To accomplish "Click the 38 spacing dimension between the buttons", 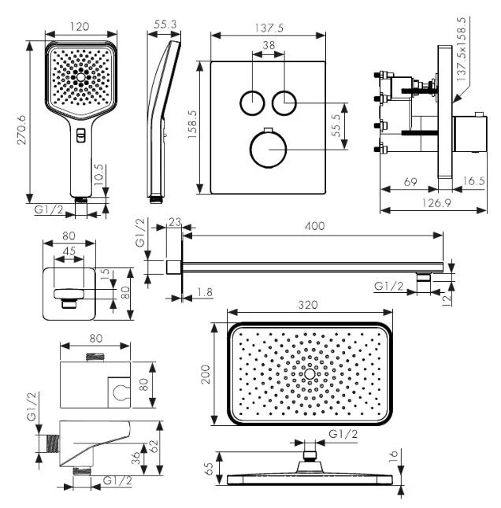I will (x=269, y=47).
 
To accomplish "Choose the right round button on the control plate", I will (x=284, y=102).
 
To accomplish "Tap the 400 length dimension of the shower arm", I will (x=315, y=226).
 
